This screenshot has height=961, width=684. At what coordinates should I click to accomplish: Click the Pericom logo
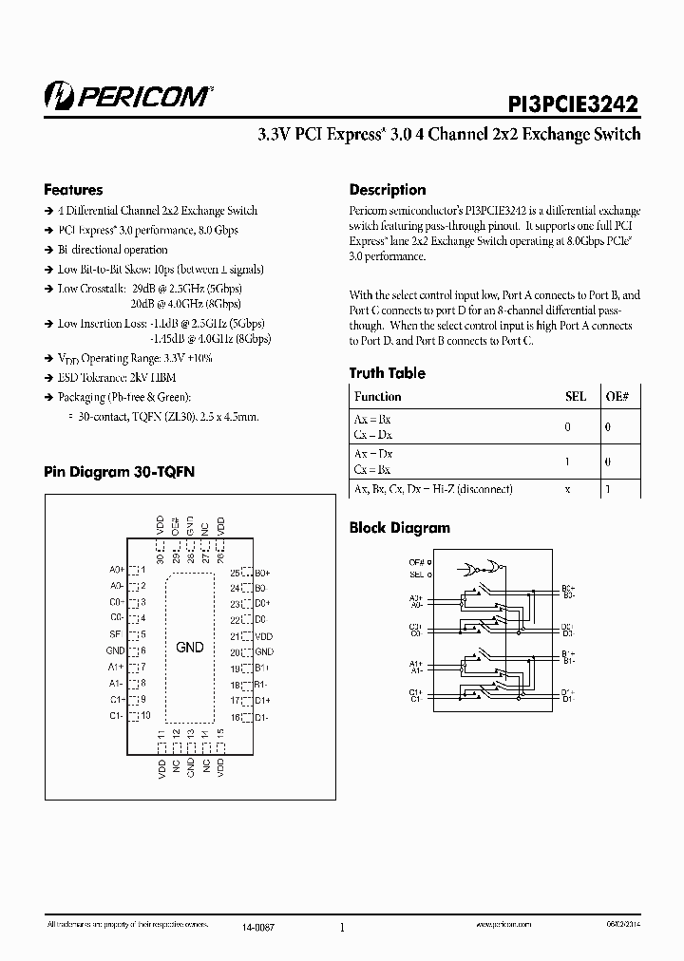click(128, 95)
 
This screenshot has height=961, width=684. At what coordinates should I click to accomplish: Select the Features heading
click(73, 190)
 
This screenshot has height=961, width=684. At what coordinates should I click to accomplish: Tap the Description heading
click(388, 190)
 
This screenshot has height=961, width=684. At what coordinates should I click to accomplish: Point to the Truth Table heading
click(387, 373)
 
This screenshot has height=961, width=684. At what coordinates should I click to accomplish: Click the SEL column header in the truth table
click(576, 397)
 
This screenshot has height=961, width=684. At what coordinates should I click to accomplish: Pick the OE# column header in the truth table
click(617, 397)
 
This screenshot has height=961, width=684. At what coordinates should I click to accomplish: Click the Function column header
click(377, 397)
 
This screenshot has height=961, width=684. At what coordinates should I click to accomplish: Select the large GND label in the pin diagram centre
click(190, 648)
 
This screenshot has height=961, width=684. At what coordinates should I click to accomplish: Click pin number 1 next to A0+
click(142, 570)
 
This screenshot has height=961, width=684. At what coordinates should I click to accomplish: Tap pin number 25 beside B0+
click(235, 574)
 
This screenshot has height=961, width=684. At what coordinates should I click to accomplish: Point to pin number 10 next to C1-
click(144, 714)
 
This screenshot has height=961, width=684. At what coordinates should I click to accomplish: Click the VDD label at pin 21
click(264, 636)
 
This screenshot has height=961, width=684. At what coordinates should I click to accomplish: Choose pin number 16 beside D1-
click(235, 716)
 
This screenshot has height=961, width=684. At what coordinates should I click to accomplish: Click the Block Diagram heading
click(399, 528)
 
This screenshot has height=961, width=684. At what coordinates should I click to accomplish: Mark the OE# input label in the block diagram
click(415, 563)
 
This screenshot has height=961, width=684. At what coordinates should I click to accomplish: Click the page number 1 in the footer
click(341, 929)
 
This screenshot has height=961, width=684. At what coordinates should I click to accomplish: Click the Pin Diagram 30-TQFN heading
click(119, 471)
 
